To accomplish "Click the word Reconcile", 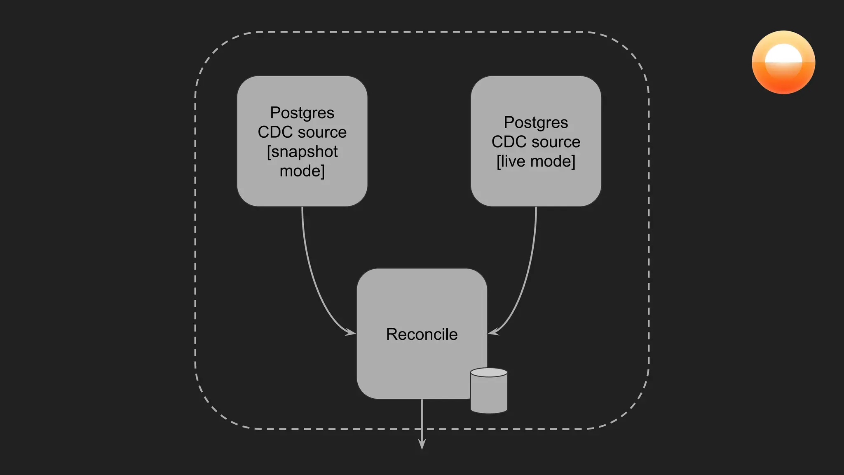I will click(x=422, y=334).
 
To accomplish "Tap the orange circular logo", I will click(x=783, y=62).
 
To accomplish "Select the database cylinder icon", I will click(x=489, y=392).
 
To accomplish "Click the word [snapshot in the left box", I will click(x=302, y=152).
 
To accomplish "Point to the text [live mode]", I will click(x=536, y=161).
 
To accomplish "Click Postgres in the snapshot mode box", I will click(x=302, y=113).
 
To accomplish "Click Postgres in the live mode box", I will click(x=536, y=122).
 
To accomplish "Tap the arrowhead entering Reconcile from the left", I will click(x=352, y=332).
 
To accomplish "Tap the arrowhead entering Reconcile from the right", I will click(x=492, y=332).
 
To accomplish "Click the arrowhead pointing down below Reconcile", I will click(x=422, y=444).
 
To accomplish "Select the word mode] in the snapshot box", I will click(x=302, y=171).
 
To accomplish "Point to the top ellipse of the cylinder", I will click(x=489, y=373).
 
